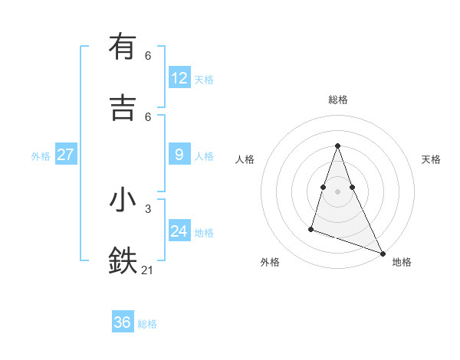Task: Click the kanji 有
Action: coord(123,47)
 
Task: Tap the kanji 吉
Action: coord(123,108)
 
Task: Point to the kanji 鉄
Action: coord(123,261)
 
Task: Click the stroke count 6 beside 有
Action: coord(148,56)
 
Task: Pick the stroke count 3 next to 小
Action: coord(148,208)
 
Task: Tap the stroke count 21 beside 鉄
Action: coord(148,270)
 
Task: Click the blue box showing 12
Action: coord(179,78)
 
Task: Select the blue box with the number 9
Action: coord(179,155)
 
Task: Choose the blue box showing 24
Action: coord(179,231)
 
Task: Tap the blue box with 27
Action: coord(66,155)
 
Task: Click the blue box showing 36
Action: coord(123,322)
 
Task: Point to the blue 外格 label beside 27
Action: coord(41,156)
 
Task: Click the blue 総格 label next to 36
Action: coord(147,324)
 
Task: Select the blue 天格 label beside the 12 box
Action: coord(204,80)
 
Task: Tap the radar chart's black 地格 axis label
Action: coord(402,262)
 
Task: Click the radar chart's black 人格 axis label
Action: coord(245,159)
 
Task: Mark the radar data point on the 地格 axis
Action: coord(383,252)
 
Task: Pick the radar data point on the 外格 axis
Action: coord(311,228)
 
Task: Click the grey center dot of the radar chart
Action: coord(338,191)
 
